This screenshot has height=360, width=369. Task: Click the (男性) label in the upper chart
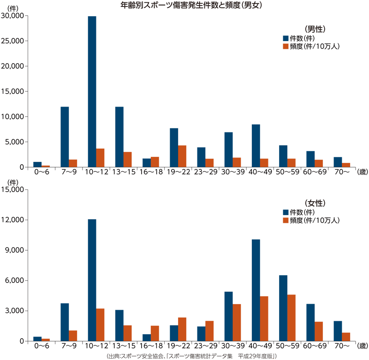pyautogui.click(x=315, y=29)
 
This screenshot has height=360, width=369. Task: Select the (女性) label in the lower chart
pyautogui.click(x=315, y=203)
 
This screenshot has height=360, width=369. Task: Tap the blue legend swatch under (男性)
pyautogui.click(x=286, y=38)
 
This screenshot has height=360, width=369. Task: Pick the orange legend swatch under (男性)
pyautogui.click(x=286, y=47)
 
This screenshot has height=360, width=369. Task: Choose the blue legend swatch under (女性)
pyautogui.click(x=286, y=212)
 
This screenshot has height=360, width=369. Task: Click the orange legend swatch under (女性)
pyautogui.click(x=286, y=221)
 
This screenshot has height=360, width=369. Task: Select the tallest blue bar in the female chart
pyautogui.click(x=92, y=280)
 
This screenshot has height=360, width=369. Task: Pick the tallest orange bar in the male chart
pyautogui.click(x=182, y=156)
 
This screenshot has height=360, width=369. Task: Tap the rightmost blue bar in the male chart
pyautogui.click(x=338, y=162)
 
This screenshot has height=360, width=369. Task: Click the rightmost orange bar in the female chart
pyautogui.click(x=346, y=336)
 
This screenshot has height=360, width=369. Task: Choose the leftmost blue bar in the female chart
pyautogui.click(x=37, y=338)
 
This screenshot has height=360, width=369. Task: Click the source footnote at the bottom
pyautogui.click(x=191, y=356)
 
